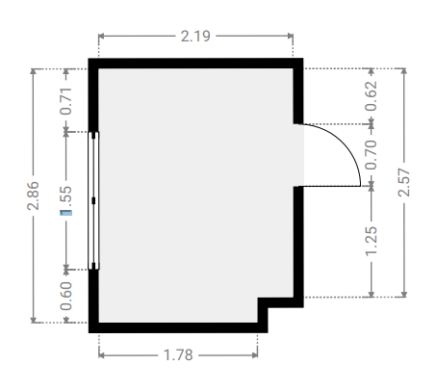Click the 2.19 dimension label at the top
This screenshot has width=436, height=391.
pos(195,36)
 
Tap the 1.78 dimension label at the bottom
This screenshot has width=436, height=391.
pos(178,355)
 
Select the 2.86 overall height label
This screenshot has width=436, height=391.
pos(33,195)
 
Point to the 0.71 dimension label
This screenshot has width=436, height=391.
pos(65,101)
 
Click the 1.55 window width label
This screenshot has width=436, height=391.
pos(65,200)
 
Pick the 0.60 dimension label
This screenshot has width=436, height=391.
pos(65,296)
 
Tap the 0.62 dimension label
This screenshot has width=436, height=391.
pos(372,96)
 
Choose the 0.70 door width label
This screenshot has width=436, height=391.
pos(372,155)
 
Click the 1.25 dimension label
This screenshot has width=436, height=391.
pos(372,241)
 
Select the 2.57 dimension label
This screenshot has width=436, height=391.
pos(404,182)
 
